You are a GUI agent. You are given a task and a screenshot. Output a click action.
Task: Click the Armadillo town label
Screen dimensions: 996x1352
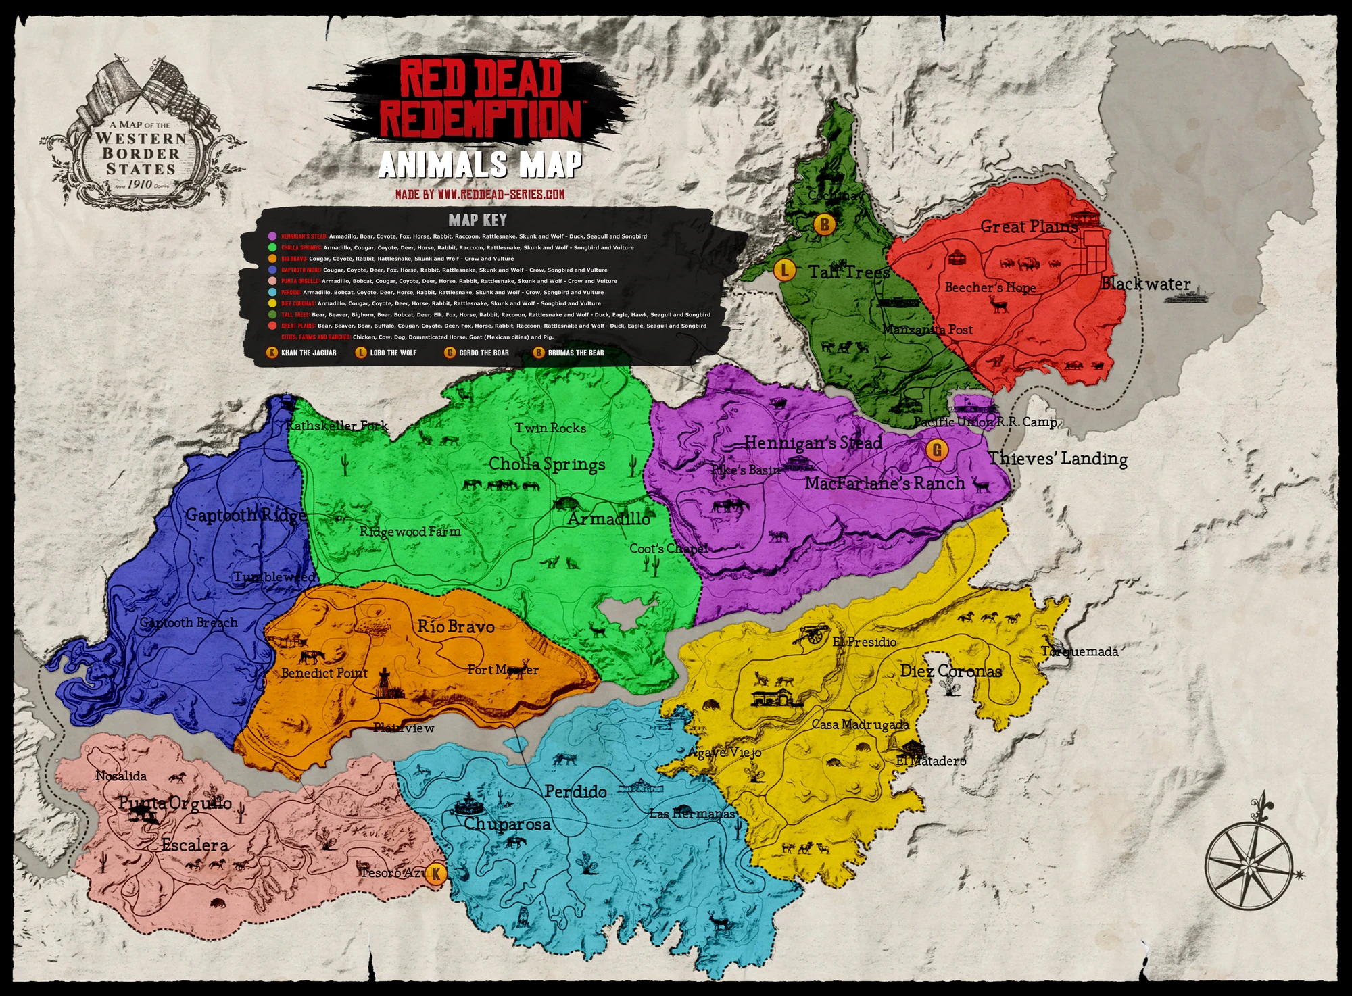(608, 519)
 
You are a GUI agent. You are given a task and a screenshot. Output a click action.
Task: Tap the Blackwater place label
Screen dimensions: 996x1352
(1145, 284)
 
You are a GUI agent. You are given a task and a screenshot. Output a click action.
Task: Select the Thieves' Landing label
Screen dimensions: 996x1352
(1058, 459)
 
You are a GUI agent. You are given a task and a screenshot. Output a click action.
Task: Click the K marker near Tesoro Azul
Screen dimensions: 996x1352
(436, 874)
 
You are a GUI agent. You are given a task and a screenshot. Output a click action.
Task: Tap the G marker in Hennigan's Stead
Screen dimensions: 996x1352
(937, 450)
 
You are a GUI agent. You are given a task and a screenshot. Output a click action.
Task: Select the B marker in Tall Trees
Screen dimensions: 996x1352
(824, 224)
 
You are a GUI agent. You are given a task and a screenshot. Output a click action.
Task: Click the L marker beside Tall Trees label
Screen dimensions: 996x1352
(784, 270)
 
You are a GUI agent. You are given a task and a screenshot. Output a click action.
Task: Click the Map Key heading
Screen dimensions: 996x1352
(477, 220)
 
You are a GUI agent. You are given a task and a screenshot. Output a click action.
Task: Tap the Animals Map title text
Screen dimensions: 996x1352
(480, 165)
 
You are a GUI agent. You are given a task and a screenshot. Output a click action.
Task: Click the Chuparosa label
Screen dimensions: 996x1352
(507, 824)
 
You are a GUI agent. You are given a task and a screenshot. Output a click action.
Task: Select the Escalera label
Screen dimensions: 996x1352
(195, 845)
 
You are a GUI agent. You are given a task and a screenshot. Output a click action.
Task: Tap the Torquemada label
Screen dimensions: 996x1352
(1080, 652)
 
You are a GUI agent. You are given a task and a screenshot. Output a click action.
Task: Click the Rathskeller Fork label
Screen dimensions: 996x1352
(337, 426)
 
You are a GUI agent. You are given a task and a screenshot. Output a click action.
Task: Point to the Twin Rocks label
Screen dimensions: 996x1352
(550, 428)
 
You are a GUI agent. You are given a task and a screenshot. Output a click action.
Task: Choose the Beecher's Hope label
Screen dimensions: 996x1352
(990, 288)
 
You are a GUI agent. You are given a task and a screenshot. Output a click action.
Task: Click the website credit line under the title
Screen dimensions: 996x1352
(480, 195)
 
